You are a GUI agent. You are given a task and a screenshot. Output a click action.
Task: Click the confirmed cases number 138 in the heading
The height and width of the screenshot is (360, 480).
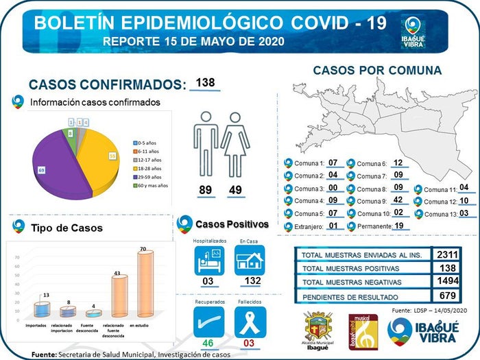(205, 83)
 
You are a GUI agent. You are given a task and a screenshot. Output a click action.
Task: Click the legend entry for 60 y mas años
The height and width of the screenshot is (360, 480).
(153, 186)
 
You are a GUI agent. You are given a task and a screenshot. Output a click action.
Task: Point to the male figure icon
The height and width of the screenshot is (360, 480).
(204, 145)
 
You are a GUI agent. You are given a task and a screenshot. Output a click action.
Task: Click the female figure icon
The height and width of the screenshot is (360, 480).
(235, 145)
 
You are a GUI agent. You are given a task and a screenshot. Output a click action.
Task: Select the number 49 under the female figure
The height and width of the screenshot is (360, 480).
(235, 190)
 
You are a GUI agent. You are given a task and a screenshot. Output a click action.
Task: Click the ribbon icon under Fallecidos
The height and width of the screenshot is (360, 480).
(250, 321)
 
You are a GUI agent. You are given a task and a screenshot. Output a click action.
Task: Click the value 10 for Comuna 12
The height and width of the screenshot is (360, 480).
(464, 201)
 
